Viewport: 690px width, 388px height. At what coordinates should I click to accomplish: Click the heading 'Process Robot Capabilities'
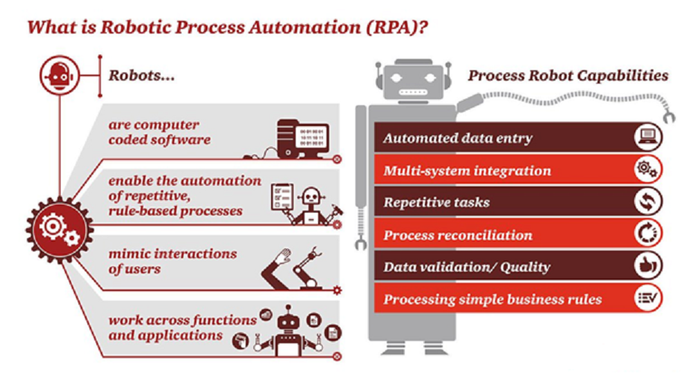568,75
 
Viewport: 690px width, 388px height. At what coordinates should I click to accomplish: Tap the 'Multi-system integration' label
467,171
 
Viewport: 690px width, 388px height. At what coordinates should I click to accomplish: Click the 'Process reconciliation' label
458,236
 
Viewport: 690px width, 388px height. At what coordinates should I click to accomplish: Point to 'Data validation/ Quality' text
466,267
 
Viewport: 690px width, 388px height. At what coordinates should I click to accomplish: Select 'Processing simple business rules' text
492,300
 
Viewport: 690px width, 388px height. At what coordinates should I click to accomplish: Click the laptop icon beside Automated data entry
647,138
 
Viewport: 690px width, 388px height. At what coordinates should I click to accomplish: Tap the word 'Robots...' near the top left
142,75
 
